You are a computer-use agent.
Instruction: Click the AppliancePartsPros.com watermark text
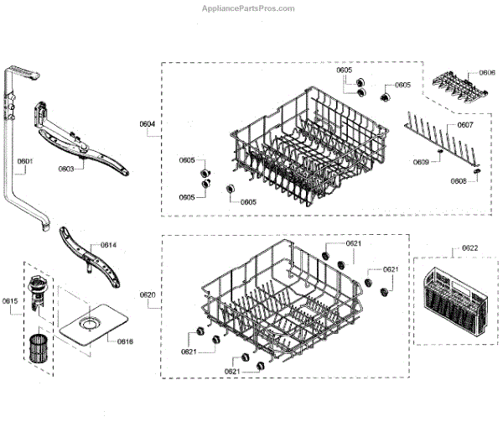click(249, 8)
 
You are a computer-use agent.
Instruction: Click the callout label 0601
click(24, 161)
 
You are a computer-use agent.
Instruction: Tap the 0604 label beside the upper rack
click(147, 125)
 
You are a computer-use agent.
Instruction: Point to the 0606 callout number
click(486, 74)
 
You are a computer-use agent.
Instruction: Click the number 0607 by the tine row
click(465, 126)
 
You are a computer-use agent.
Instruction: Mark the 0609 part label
click(421, 162)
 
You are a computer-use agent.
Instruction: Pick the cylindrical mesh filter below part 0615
click(37, 347)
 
